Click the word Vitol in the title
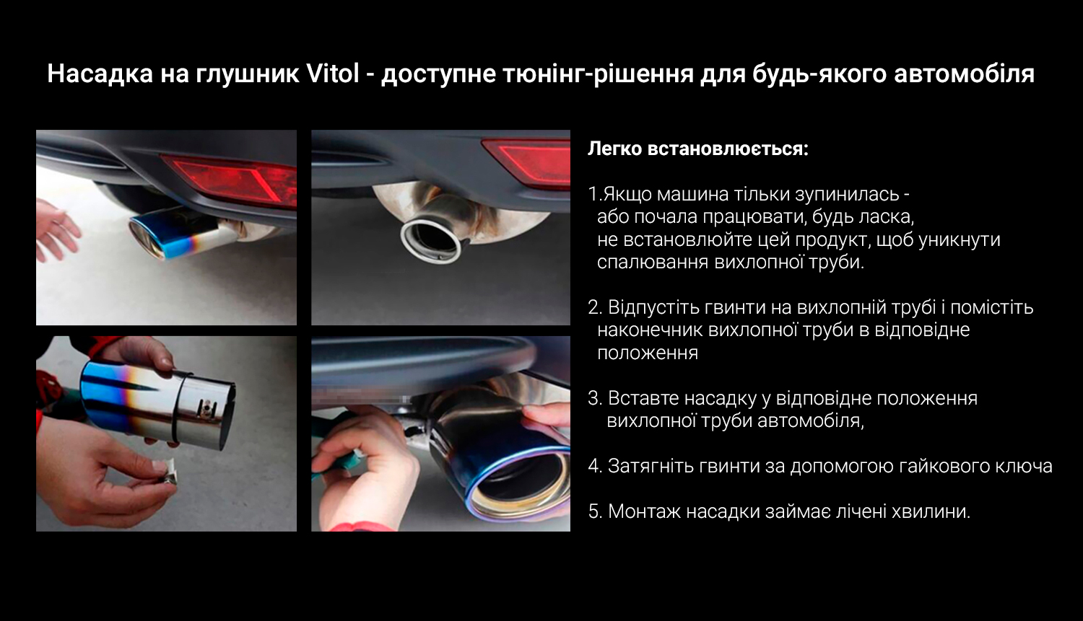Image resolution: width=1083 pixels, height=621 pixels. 333,74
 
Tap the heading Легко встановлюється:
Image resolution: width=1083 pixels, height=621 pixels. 698,149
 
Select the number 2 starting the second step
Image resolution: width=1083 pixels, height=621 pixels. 593,307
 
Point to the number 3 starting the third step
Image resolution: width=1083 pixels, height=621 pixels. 593,398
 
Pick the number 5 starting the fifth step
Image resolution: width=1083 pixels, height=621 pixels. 593,511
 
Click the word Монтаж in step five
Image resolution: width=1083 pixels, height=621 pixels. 644,511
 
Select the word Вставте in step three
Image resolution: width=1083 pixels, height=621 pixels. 643,398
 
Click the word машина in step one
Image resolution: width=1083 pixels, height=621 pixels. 693,195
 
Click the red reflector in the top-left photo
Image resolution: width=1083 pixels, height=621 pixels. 232,180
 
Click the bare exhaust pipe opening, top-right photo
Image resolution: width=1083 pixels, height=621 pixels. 430,240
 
